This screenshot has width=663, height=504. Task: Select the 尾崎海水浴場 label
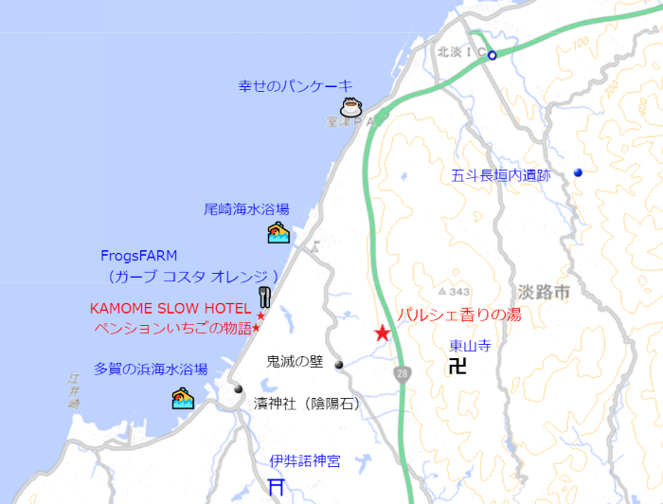(246, 209)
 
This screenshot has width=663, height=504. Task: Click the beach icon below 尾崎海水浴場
(278, 232)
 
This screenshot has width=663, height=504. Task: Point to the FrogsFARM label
(138, 256)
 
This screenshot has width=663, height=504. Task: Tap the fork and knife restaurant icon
(266, 297)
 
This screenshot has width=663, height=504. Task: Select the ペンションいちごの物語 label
(171, 328)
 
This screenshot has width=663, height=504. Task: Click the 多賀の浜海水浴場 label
(151, 369)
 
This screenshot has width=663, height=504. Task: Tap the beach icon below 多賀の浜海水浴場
(183, 398)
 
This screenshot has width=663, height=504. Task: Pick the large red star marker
(382, 333)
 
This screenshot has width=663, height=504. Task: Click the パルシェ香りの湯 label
(458, 315)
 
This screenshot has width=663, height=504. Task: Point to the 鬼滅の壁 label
(296, 361)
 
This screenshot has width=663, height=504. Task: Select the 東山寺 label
(471, 347)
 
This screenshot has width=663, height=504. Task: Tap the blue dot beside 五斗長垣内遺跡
(578, 172)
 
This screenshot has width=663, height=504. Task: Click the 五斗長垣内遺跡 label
(500, 175)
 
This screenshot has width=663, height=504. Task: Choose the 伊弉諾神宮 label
(305, 461)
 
